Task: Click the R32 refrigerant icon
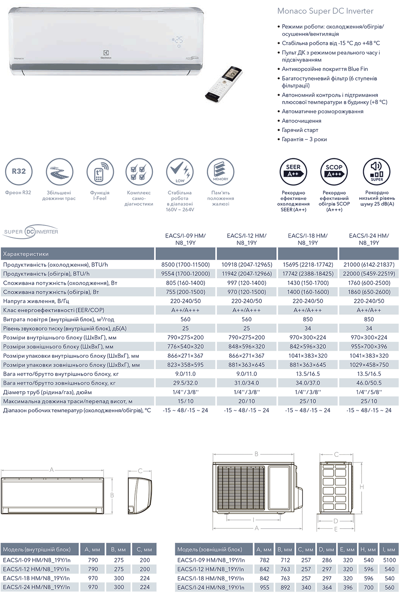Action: point(18,172)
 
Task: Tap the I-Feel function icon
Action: point(100,172)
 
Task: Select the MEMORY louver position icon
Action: point(221,172)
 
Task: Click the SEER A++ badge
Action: point(293,171)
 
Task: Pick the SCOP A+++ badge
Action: point(334,171)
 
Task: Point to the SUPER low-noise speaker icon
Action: point(377,171)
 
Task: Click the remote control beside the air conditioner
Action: point(224,84)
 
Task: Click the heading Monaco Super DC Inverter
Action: point(325,11)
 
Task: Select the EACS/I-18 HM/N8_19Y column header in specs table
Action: point(307,239)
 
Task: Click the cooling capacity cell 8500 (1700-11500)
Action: point(186,265)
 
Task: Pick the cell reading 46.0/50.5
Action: point(369,383)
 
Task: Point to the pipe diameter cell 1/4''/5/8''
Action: point(369,392)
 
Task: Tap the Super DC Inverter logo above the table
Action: point(31,232)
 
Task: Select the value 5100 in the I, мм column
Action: point(389,560)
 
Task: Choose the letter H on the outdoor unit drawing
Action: point(362,487)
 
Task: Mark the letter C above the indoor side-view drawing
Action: point(140,471)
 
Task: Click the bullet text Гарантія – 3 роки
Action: point(304,139)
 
